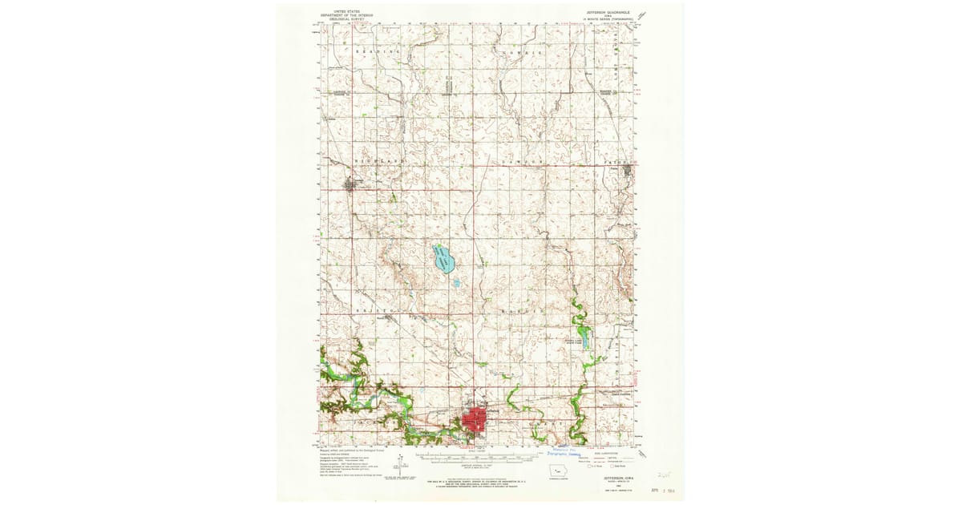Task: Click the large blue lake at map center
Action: click(443, 259)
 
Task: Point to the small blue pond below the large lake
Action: click(456, 283)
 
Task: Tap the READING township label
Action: click(378, 52)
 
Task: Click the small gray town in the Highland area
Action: click(351, 186)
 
